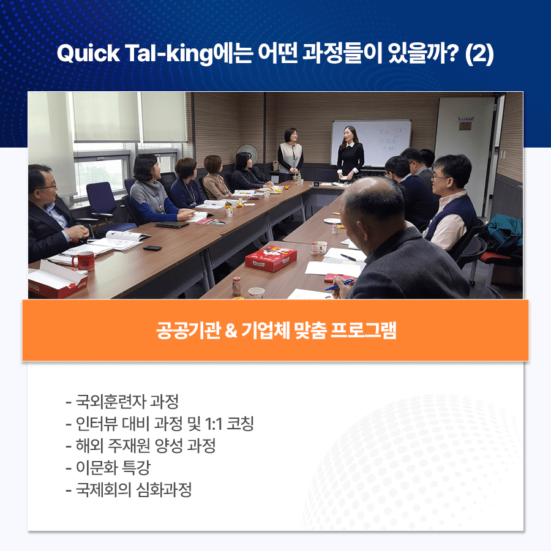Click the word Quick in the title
(x=88, y=54)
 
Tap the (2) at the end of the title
(x=479, y=54)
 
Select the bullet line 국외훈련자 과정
(x=122, y=402)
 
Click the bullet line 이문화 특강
(x=108, y=468)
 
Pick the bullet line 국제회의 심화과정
(x=129, y=490)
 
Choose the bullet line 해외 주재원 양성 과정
(x=141, y=446)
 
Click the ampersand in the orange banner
(x=231, y=331)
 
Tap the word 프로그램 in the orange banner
(x=364, y=331)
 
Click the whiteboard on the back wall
(x=371, y=142)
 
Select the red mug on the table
(x=84, y=260)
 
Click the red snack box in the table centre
(x=271, y=258)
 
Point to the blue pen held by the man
(x=339, y=285)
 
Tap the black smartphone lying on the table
(x=152, y=248)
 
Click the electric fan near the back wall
(x=247, y=153)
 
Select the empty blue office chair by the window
(x=101, y=204)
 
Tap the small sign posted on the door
(x=466, y=123)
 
